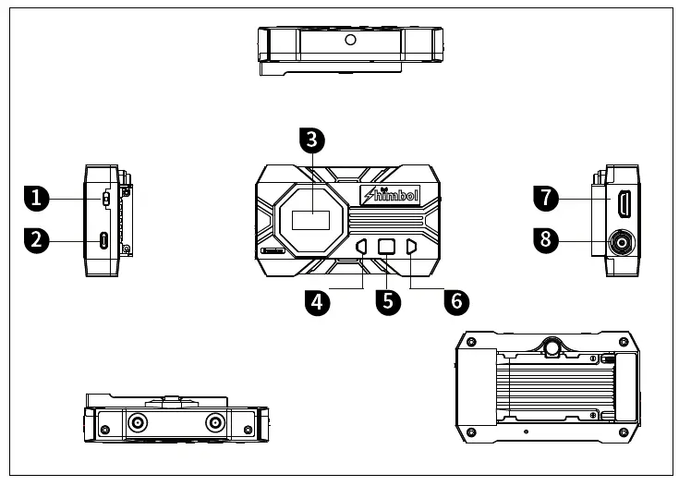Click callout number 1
click(x=36, y=197)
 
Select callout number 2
click(x=36, y=241)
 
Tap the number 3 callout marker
click(x=312, y=140)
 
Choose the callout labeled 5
click(x=388, y=301)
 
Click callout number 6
click(x=455, y=301)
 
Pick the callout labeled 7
click(x=546, y=197)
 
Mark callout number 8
click(x=546, y=240)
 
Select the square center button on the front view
click(x=387, y=247)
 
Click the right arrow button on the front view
click(x=411, y=247)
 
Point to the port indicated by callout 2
click(x=104, y=241)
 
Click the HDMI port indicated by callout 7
click(x=624, y=200)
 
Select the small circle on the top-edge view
click(x=350, y=40)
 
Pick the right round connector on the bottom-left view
click(x=215, y=423)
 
